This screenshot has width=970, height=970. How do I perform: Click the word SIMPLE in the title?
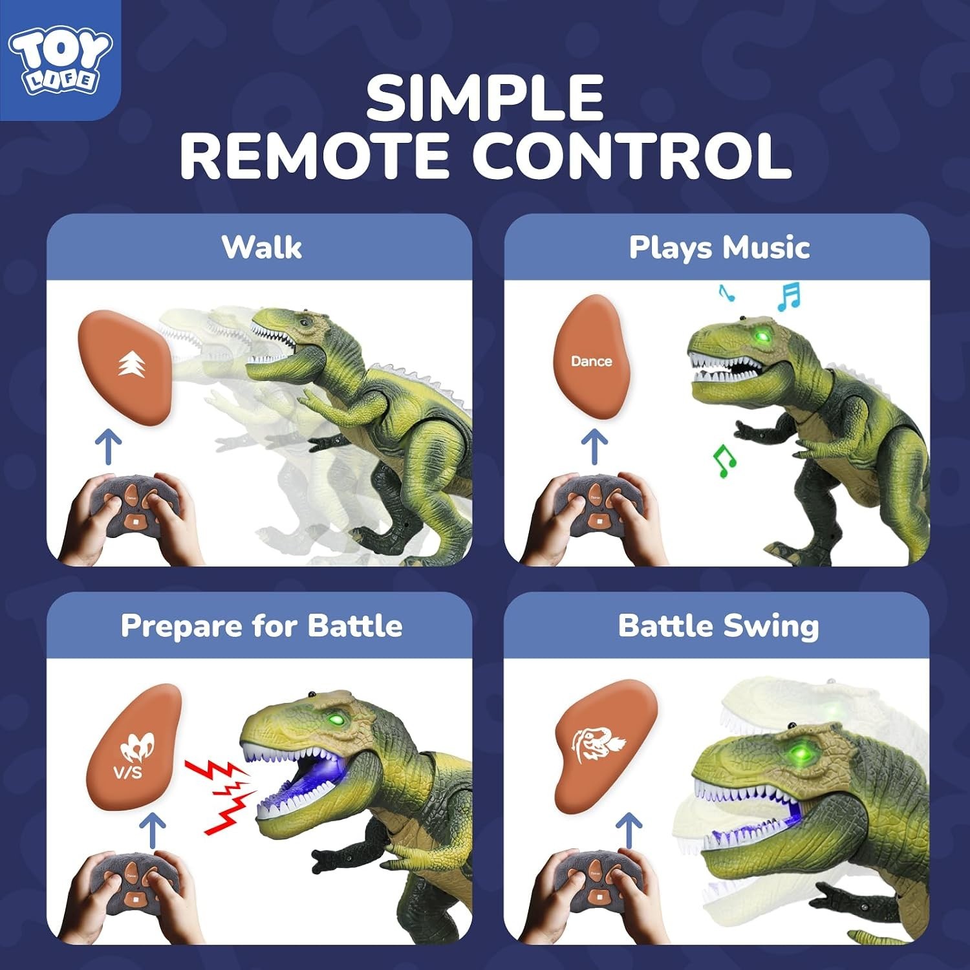485,98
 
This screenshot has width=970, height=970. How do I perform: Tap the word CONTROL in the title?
632,156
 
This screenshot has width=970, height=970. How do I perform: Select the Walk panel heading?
262,247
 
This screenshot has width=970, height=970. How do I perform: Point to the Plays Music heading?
719,248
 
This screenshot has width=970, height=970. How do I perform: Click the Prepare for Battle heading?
262,625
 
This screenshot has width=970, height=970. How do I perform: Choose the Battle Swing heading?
718,626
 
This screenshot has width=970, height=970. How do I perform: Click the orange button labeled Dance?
591,357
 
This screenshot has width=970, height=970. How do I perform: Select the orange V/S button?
135,747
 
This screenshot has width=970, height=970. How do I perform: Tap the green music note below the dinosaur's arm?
724,461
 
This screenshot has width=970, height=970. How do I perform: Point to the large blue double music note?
789,297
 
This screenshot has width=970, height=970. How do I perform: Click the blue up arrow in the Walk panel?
109,447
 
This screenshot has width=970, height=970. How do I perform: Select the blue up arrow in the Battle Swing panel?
629,831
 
